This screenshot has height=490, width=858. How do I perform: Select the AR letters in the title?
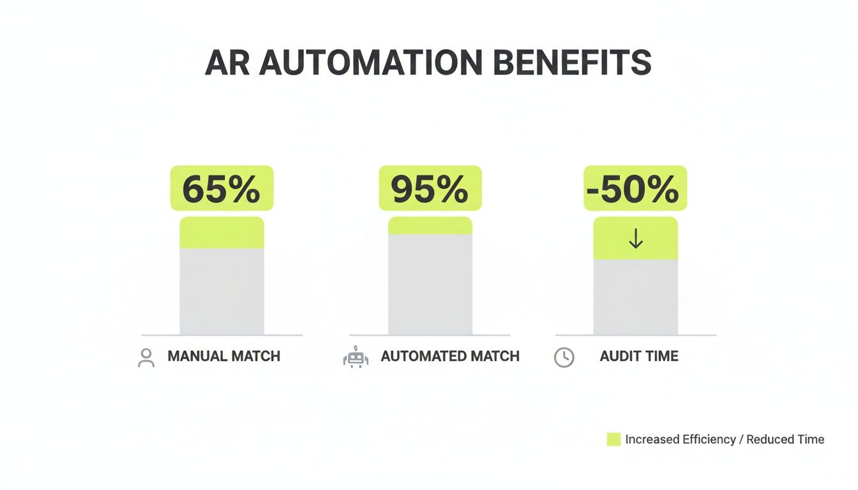pos(228,63)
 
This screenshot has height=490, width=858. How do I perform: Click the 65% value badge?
pos(222,188)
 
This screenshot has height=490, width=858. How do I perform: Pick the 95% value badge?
pos(430,188)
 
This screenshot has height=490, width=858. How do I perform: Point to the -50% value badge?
pos(635,188)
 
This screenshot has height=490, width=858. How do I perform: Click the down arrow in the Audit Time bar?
pos(636,239)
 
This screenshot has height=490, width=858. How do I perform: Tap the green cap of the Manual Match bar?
pos(222,232)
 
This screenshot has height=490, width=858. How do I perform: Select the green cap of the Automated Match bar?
pos(430,225)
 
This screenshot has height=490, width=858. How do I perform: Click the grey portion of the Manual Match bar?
pos(222,291)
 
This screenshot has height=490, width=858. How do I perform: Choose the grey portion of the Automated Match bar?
pos(430,284)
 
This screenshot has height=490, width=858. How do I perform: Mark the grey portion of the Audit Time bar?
pos(636,297)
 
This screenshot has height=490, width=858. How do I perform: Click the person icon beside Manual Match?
pos(146,357)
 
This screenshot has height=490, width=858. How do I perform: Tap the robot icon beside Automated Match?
pos(356,357)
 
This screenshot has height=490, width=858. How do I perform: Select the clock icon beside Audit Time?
pos(564,358)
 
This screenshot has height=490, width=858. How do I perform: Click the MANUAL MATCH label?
pos(223,356)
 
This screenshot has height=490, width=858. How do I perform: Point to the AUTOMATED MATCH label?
pos(450,356)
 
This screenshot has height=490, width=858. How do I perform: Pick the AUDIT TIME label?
pos(639,356)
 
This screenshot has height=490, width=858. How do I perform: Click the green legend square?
pos(613,439)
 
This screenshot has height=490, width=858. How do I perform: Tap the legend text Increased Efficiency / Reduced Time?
pos(725,439)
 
